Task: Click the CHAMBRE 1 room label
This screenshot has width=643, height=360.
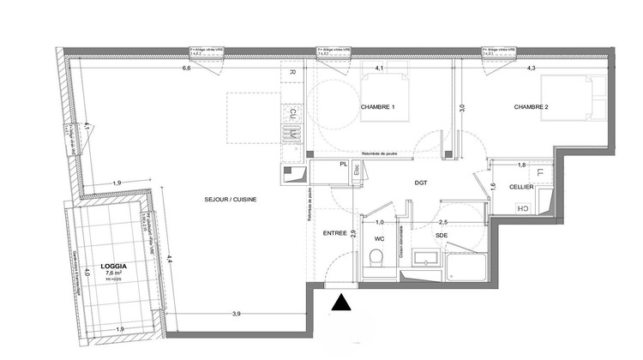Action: tap(376, 107)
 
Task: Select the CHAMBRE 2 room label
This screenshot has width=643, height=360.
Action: tap(531, 107)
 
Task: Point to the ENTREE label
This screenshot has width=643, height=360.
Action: tap(334, 233)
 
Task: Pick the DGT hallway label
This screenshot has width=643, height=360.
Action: tap(421, 183)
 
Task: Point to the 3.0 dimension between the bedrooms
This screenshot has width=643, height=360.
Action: tap(461, 108)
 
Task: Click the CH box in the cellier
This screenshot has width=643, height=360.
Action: tap(520, 208)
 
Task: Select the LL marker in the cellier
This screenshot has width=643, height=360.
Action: tap(539, 173)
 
